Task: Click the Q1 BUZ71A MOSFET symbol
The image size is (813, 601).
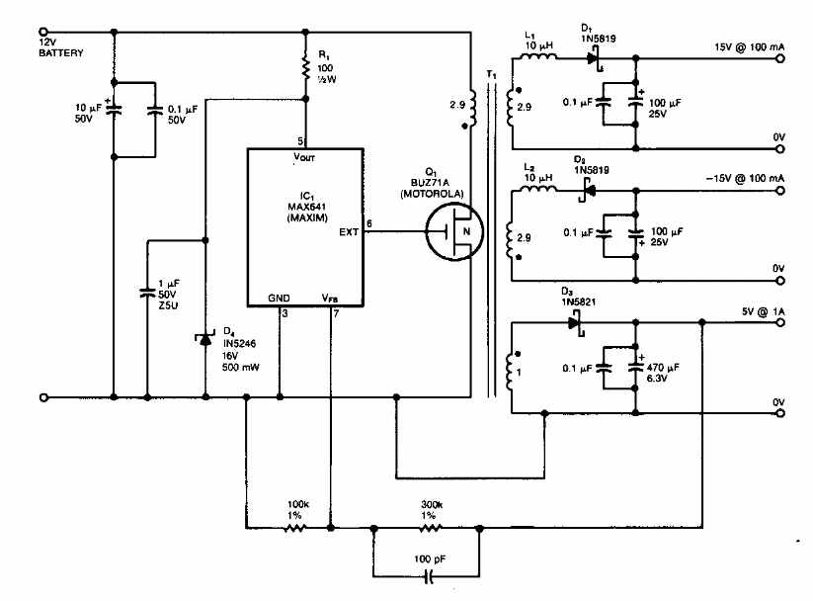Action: click(x=452, y=234)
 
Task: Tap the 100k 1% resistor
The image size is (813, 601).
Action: click(x=293, y=528)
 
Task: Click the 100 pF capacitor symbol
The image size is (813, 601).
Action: click(x=429, y=573)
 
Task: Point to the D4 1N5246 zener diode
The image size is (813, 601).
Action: click(x=205, y=340)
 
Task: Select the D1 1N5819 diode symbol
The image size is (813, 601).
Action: click(x=595, y=58)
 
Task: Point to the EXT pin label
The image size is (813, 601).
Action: click(x=349, y=234)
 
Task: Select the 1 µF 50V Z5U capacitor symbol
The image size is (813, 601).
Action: click(x=146, y=291)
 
